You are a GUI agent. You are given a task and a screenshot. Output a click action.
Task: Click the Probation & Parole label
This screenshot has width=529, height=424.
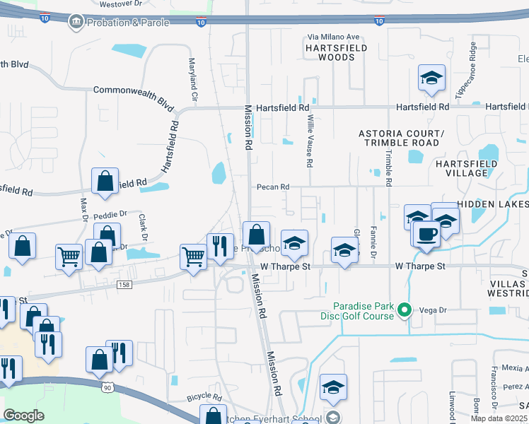128,23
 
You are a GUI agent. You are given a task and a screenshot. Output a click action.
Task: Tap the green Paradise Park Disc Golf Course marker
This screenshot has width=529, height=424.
405,310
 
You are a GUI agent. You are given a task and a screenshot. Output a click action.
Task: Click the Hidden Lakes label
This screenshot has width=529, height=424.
492,204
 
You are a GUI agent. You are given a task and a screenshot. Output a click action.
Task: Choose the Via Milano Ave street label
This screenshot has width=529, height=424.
333,37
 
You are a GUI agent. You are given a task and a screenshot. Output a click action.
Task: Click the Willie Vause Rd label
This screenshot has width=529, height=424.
309,142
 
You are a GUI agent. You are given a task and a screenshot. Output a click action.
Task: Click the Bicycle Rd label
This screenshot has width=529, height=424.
204,399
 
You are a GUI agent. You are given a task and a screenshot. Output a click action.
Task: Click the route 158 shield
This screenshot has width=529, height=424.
124,284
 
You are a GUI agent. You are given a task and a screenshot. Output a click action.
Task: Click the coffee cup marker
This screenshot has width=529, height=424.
426,233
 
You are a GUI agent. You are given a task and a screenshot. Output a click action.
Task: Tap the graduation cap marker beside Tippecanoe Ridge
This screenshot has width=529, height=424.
431,78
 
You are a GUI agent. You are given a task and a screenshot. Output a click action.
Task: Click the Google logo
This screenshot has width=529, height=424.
23,416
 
